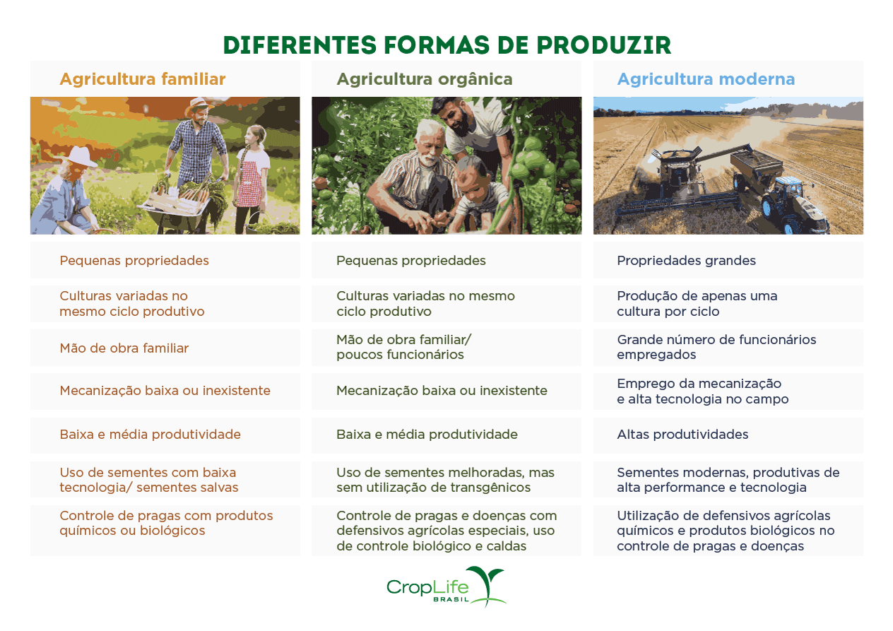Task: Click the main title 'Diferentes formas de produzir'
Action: tap(446, 45)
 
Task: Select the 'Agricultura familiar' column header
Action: tap(142, 79)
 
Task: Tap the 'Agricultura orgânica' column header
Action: tap(424, 79)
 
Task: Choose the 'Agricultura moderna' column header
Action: tap(706, 79)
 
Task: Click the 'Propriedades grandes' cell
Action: tap(686, 261)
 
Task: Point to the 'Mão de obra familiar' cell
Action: tap(124, 348)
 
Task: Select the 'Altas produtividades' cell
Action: tap(682, 435)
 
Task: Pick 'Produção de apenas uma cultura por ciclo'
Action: tap(697, 304)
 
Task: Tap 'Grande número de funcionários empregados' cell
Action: tap(716, 347)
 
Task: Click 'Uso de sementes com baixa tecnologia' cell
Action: tap(148, 480)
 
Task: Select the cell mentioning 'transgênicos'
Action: tap(445, 480)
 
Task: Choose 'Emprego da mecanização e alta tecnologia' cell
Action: tap(702, 391)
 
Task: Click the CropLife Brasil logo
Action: tap(446, 586)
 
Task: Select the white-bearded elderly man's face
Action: tap(427, 146)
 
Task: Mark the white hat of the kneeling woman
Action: tap(82, 156)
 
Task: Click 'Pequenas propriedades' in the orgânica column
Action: tap(410, 261)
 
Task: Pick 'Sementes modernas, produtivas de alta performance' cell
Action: tap(728, 480)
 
